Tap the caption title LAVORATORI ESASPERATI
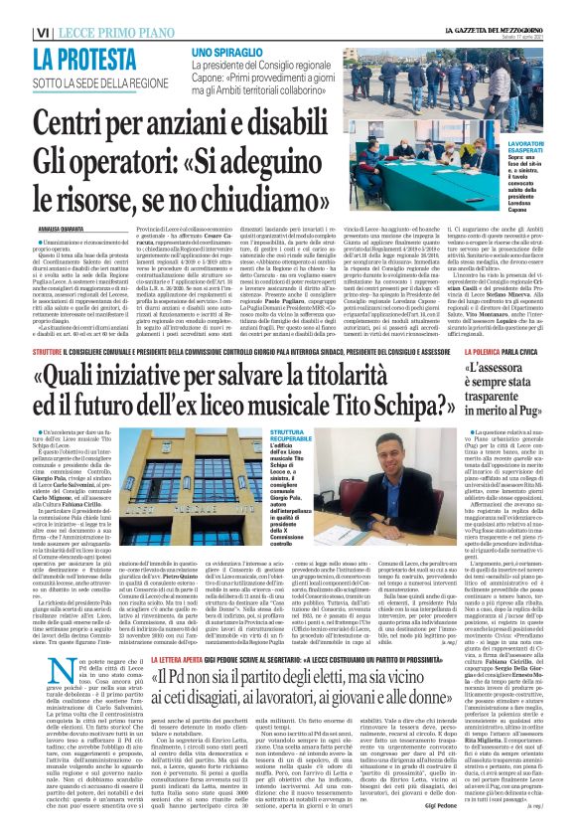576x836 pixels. [x=531, y=149]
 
